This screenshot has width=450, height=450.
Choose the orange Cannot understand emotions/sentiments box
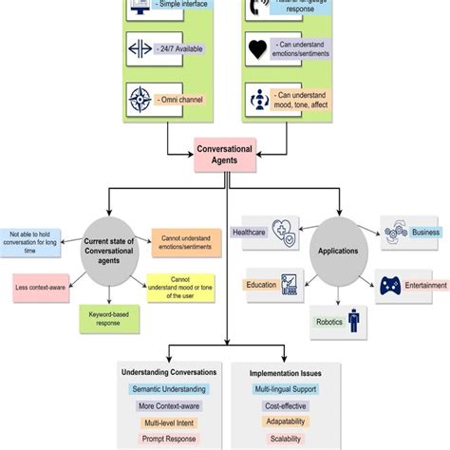[186, 239]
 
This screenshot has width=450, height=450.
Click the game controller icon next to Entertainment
[392, 285]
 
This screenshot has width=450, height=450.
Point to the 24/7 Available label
[190, 47]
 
